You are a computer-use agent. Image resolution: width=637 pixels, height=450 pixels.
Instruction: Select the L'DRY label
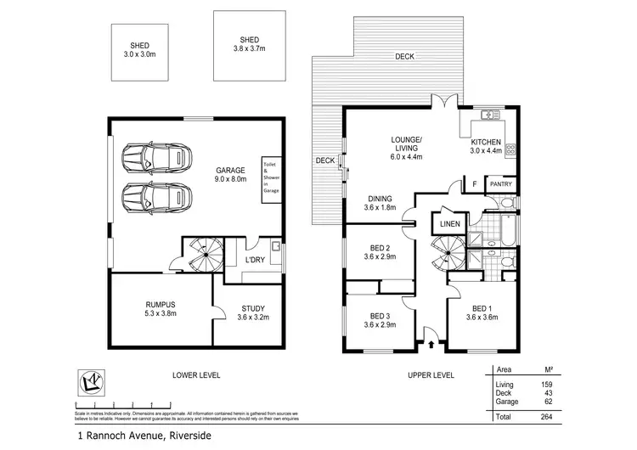tap(252, 259)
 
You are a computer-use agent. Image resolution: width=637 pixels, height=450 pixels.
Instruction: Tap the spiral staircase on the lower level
tap(205, 254)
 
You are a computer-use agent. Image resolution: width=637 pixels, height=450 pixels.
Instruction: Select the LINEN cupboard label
tap(448, 224)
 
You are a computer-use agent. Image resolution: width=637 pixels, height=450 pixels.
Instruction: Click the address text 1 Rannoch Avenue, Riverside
tap(140, 437)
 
